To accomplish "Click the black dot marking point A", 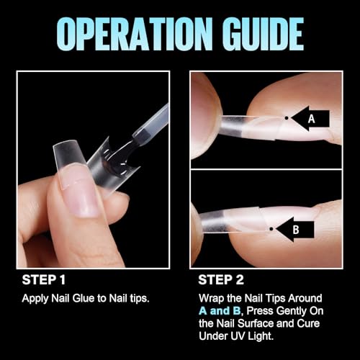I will coord(287,117).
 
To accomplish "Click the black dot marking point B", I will coord(271,230).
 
